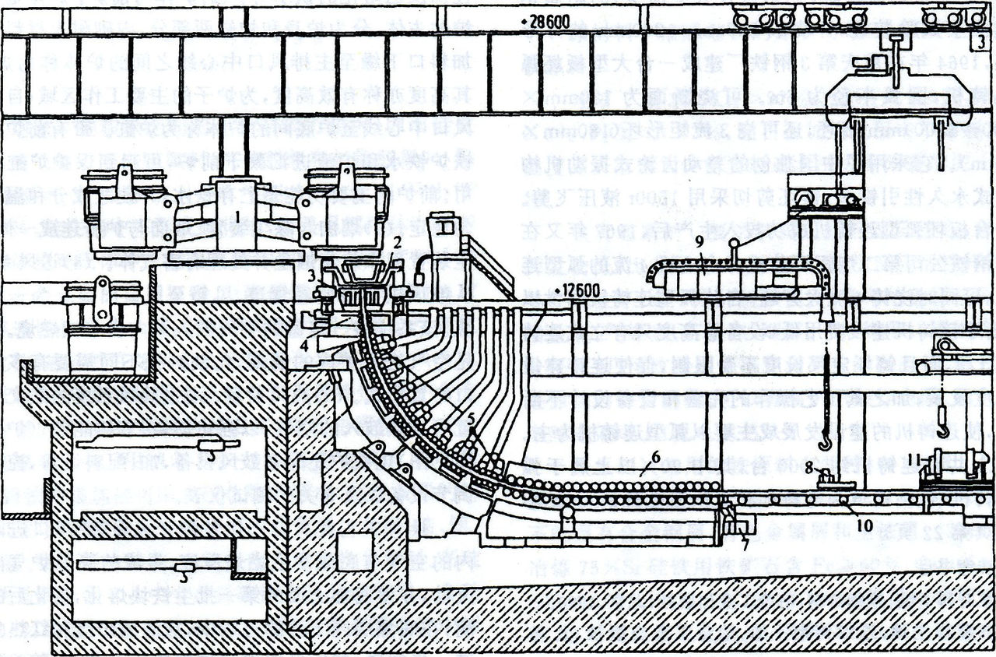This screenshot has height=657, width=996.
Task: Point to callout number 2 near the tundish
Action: (397, 244)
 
